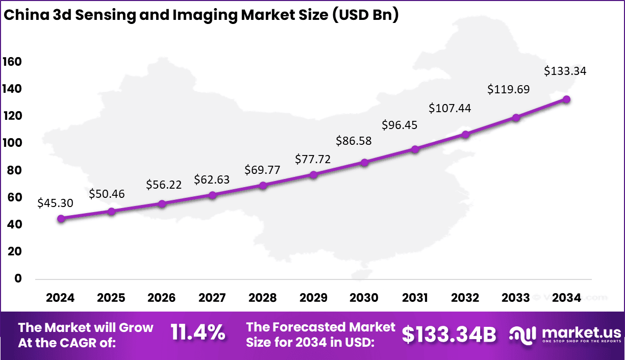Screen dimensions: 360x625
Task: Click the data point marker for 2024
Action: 61,219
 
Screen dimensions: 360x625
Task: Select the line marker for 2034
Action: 566,99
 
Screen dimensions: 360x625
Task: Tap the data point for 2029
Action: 314,175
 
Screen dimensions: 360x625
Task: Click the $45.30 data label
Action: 55,203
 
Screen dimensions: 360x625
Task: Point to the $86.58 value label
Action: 354,141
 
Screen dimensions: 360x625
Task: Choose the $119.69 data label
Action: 508,90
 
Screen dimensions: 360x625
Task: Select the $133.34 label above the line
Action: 565,71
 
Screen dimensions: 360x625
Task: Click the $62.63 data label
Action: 212,179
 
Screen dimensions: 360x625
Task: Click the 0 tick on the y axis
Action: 18,278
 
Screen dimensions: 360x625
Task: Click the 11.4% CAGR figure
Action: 198,333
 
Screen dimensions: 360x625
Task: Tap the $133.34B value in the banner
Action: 449,335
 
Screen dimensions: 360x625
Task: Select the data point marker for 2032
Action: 465,135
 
